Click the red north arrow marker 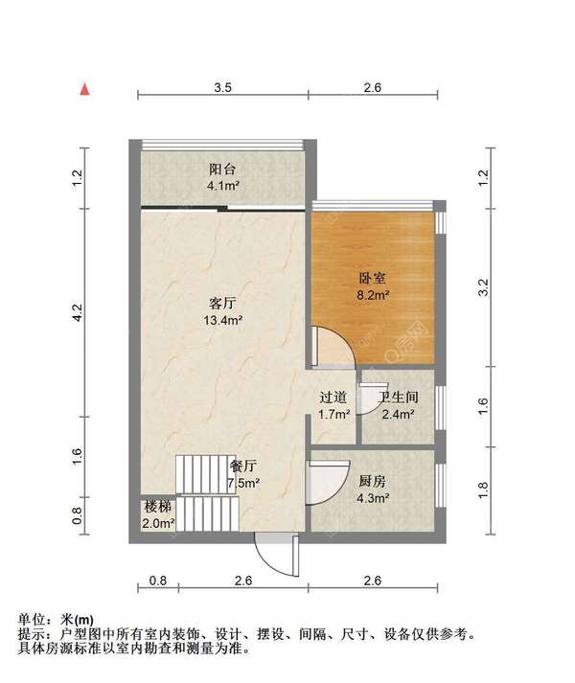[x=84, y=89]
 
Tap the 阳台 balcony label [x=222, y=169]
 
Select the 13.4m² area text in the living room [x=222, y=321]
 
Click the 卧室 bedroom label [x=372, y=279]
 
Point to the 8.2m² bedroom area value [x=373, y=295]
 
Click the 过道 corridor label [x=333, y=397]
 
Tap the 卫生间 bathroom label [x=398, y=397]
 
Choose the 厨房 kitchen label [x=372, y=481]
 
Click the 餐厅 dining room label [x=243, y=467]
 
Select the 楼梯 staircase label [x=158, y=507]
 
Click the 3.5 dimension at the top [x=222, y=87]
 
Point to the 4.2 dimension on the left [x=77, y=312]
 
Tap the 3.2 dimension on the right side [x=483, y=287]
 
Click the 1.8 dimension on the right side [x=483, y=490]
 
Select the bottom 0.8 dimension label [x=158, y=581]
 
